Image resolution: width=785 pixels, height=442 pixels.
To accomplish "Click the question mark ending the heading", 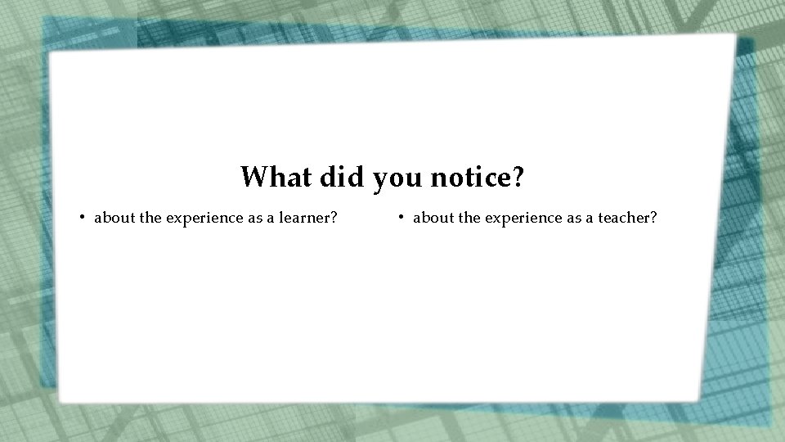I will [x=517, y=176].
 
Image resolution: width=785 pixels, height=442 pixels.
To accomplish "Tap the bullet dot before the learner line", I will [x=83, y=218].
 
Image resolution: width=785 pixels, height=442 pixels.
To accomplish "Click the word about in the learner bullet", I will [x=114, y=218].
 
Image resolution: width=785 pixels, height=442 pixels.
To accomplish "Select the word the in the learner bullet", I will [x=151, y=218].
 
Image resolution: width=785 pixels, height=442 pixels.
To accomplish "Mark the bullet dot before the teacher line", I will [x=402, y=218].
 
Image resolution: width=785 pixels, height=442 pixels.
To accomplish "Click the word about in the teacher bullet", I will [x=433, y=218].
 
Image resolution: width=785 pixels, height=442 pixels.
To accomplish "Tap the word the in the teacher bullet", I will [x=470, y=218].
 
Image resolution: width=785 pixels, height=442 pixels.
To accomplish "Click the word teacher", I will [x=628, y=218].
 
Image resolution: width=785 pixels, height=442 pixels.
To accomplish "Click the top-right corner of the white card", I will [x=734, y=36].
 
